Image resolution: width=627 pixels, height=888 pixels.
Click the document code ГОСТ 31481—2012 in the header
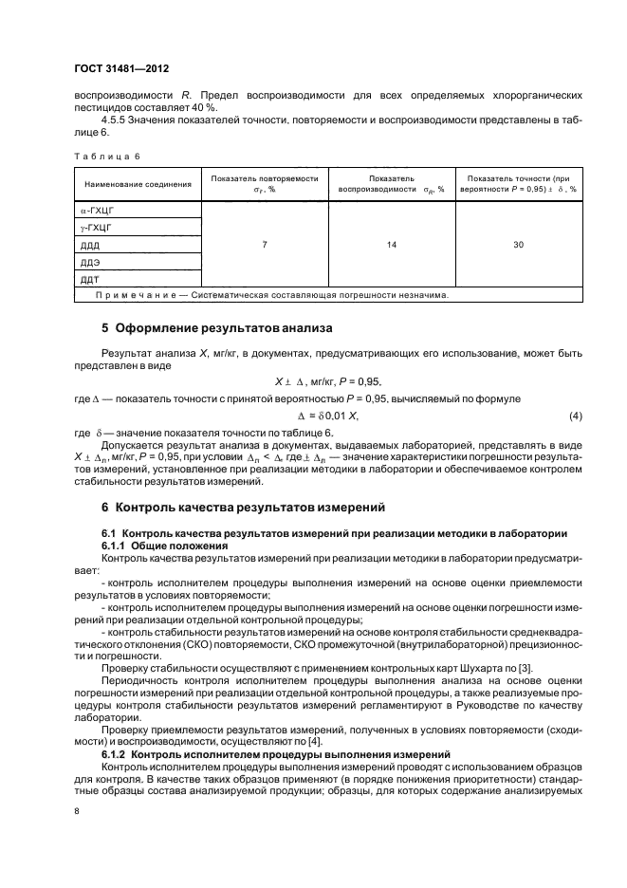click(121, 68)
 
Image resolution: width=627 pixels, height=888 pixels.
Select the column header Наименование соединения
click(138, 183)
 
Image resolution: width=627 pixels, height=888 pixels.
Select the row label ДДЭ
click(92, 262)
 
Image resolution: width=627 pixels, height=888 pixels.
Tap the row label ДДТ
click(92, 280)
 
